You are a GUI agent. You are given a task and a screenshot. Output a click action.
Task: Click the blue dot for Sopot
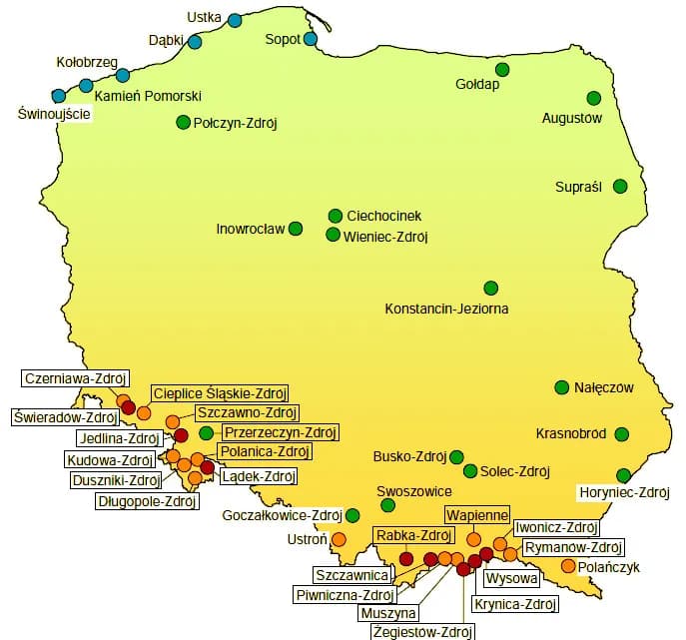click(x=311, y=39)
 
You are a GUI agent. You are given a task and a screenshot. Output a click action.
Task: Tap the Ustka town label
click(x=205, y=17)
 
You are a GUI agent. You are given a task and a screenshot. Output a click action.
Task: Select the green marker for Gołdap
click(x=502, y=69)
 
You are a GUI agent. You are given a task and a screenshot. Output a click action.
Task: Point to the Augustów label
click(x=572, y=118)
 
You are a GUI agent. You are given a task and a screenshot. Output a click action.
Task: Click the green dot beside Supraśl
click(x=620, y=186)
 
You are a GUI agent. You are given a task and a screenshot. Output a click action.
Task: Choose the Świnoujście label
click(x=55, y=115)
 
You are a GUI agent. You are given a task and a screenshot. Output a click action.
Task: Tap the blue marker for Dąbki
click(x=195, y=42)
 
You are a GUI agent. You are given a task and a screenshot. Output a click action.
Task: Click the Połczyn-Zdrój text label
click(x=235, y=123)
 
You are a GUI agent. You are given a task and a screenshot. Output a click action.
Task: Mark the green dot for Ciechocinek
click(x=336, y=216)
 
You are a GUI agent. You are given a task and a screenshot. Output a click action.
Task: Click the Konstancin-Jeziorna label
click(x=446, y=309)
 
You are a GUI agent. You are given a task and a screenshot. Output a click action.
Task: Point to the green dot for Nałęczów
click(x=562, y=387)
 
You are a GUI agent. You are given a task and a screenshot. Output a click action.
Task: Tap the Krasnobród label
click(x=571, y=434)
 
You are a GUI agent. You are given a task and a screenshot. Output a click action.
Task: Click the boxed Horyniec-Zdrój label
click(x=623, y=492)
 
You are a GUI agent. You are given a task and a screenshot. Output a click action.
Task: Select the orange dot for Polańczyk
click(x=568, y=566)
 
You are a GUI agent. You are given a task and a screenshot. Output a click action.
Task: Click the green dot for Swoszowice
click(x=387, y=505)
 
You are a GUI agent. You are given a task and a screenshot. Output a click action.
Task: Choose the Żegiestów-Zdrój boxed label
click(x=421, y=631)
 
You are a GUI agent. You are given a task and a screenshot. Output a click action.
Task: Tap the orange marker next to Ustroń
click(x=338, y=539)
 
